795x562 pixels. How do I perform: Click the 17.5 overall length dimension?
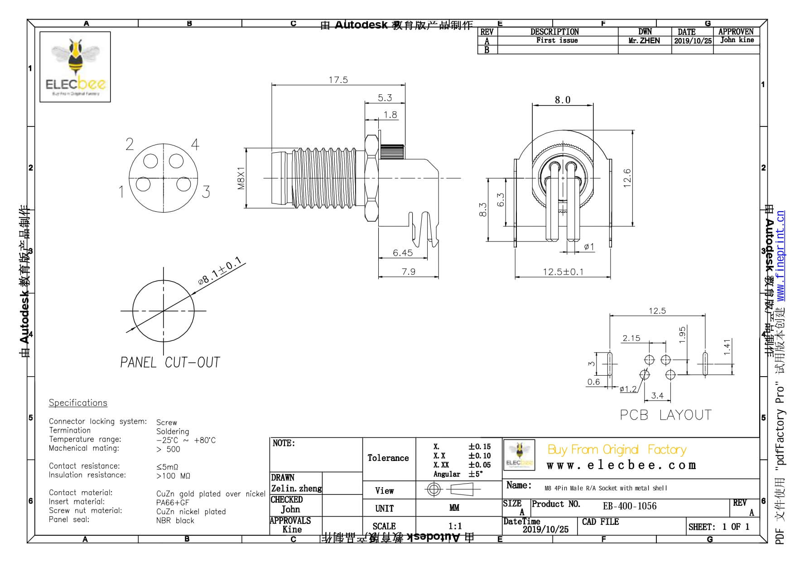click(x=338, y=80)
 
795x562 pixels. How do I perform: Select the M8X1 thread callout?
click(x=241, y=178)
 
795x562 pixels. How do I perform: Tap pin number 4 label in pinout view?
click(x=195, y=145)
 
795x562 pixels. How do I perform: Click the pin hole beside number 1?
click(x=143, y=184)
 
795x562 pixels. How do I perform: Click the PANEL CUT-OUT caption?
click(x=170, y=363)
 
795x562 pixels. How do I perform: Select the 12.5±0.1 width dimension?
click(x=563, y=272)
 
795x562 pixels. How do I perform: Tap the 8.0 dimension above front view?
click(x=562, y=100)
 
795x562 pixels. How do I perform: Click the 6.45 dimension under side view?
click(x=403, y=253)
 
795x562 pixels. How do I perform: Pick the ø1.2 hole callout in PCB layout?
click(x=628, y=389)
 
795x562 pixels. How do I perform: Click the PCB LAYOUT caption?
click(x=665, y=415)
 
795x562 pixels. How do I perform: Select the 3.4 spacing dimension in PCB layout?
click(x=657, y=396)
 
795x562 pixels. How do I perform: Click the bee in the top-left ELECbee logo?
click(x=75, y=58)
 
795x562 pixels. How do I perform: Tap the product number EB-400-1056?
click(x=629, y=506)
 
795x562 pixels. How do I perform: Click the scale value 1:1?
click(x=455, y=526)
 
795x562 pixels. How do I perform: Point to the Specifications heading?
click(x=78, y=403)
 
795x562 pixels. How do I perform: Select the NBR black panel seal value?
click(x=175, y=521)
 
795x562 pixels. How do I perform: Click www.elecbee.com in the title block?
click(x=621, y=465)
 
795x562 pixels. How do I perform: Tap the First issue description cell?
click(x=557, y=40)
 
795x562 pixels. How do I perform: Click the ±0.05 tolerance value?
click(x=479, y=465)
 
